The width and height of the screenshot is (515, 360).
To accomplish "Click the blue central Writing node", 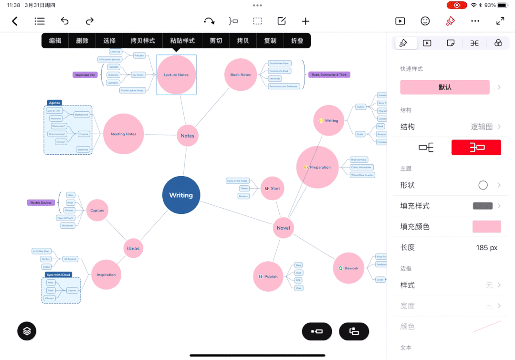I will tap(181, 195).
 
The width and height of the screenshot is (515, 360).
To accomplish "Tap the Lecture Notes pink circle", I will tap(176, 75).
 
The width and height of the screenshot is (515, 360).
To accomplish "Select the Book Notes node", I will tap(241, 75).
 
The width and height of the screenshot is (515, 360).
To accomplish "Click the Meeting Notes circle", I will tap(124, 134).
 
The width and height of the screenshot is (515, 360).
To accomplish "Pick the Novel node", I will tap(283, 228).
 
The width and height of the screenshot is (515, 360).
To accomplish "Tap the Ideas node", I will tap(133, 248).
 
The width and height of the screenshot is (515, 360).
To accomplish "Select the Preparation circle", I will tap(317, 167).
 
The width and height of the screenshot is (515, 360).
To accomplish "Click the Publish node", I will tap(268, 276).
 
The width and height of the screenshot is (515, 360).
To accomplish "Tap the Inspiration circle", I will tap(106, 275).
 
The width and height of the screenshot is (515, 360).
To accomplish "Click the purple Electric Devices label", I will tap(41, 202).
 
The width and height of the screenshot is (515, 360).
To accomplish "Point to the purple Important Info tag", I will tap(85, 75).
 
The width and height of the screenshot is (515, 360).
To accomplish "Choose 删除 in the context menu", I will tap(82, 41).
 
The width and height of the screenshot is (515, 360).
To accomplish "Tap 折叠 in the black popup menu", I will tap(297, 41).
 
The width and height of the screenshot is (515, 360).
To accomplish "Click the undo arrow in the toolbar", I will tap(64, 21).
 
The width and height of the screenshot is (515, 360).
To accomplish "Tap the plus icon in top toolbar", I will tap(305, 21).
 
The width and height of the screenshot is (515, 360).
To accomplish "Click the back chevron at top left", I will tap(15, 21).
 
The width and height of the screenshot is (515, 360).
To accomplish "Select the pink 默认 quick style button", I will tap(445, 87).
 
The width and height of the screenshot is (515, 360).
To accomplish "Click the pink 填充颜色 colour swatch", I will tap(486, 227).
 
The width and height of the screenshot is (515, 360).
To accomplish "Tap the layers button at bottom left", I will tap(27, 330).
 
